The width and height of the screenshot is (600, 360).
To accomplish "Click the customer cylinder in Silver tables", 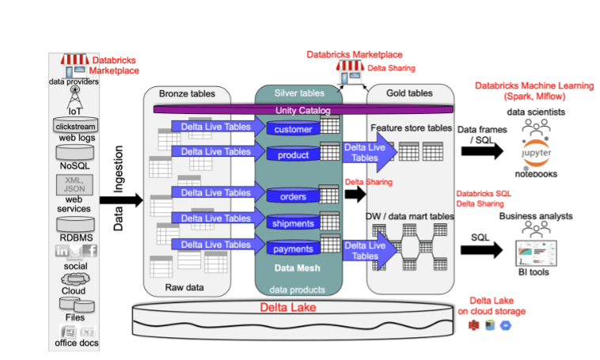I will tap(294, 129).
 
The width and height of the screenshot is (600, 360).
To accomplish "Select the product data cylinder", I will tap(294, 154).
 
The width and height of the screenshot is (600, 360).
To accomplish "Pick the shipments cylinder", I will tap(294, 223).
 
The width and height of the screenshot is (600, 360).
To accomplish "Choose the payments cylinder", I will tap(294, 249).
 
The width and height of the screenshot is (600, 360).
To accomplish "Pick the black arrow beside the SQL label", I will tap(480, 250).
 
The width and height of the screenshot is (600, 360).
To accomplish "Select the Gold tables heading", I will tap(409, 93).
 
